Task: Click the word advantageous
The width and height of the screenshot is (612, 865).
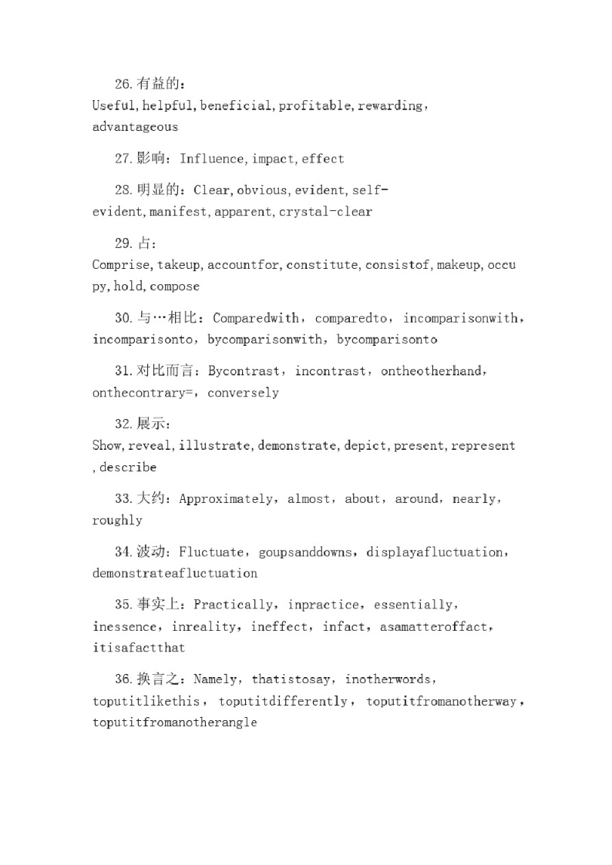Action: (135, 127)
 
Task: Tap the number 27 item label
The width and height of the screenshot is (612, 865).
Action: (123, 159)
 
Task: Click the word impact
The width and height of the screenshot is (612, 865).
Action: (273, 159)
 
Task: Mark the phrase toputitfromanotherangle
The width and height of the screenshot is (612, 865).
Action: (174, 723)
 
